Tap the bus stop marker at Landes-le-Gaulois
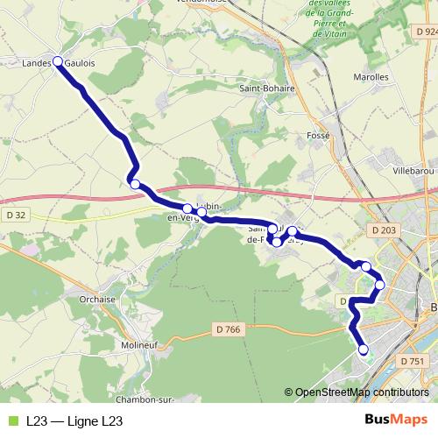pyautogui.click(x=58, y=61)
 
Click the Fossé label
pyautogui.click(x=320, y=136)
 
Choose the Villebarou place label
pyautogui.click(x=414, y=169)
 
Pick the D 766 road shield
pyautogui.click(x=227, y=329)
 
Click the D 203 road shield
pyautogui.click(x=383, y=230)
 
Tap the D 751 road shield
pyautogui.click(x=411, y=361)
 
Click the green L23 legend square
pyautogui.click(x=11, y=421)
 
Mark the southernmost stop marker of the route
pyautogui.click(x=363, y=351)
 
